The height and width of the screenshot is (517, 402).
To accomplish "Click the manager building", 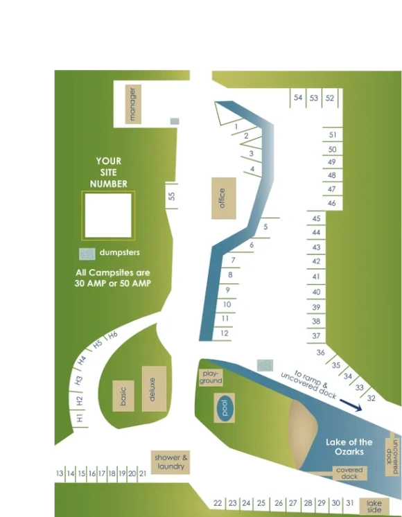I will (x=133, y=104).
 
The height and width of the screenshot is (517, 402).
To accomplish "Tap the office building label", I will (x=223, y=198).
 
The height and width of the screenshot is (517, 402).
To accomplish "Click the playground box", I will (x=211, y=377).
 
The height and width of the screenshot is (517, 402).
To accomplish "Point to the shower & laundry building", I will (x=171, y=462).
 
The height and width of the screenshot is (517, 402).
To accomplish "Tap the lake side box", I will (x=374, y=506).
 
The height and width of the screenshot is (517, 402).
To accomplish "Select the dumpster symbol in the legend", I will (x=87, y=253).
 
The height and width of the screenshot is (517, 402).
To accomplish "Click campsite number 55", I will (x=172, y=195).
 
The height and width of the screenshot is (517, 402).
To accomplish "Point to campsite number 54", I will (x=298, y=98).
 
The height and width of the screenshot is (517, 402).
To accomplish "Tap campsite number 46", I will (x=332, y=203).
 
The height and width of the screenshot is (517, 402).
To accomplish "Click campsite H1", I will (x=80, y=419).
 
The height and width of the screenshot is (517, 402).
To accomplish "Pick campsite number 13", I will (x=60, y=473).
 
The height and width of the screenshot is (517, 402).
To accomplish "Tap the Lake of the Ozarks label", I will (x=349, y=446).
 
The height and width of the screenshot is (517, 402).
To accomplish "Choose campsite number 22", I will (x=218, y=503).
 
